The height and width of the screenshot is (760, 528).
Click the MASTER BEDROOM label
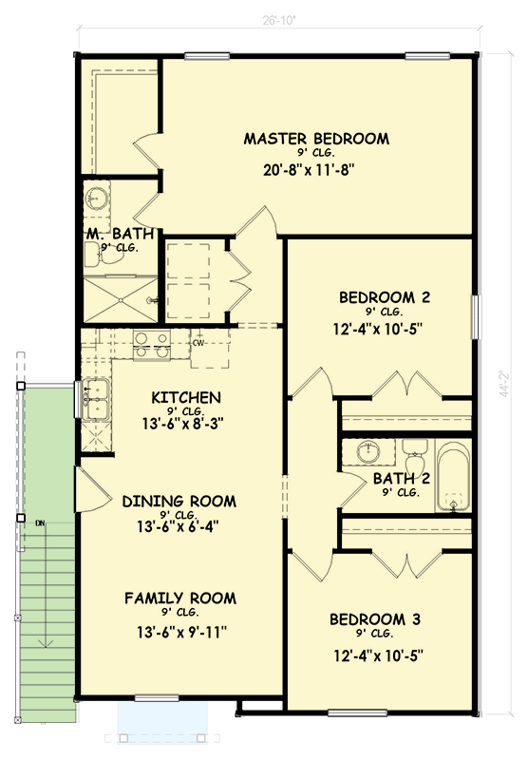316,139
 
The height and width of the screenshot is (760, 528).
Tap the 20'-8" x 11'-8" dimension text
316,171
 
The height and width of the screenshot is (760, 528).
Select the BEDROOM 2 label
385,297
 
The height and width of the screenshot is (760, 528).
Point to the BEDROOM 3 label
375,620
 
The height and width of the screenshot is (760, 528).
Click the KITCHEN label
186,397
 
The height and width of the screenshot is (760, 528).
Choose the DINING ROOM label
179,502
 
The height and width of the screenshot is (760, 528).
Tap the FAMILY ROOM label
180,598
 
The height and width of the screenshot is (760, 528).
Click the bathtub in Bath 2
453,474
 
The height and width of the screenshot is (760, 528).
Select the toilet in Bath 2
415,449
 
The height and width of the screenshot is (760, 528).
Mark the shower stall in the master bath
120,296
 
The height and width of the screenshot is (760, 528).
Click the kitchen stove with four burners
150,345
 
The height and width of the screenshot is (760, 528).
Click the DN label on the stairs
40,523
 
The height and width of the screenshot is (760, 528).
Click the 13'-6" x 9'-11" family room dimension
180,631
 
